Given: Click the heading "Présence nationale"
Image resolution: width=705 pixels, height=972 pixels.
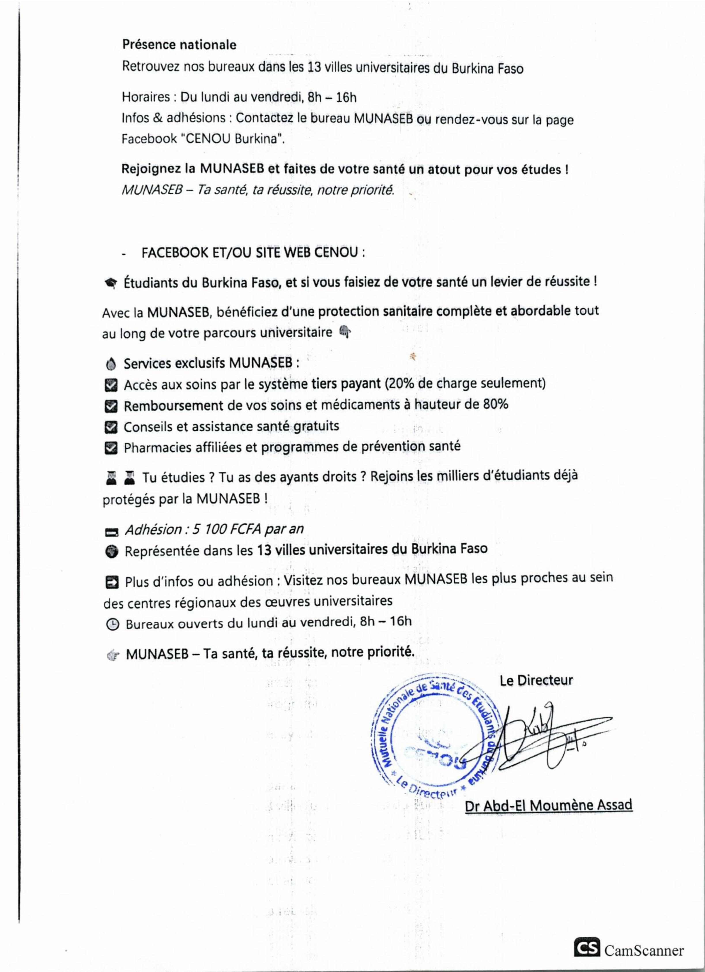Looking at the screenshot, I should [x=179, y=45].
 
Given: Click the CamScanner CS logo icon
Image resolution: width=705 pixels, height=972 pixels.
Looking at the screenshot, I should [x=587, y=948].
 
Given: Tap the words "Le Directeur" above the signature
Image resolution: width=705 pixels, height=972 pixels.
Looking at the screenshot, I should [x=536, y=680].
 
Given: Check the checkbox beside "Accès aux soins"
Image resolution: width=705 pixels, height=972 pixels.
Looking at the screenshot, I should [x=111, y=386].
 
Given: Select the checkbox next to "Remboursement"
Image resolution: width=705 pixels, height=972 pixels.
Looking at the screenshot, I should [x=111, y=406].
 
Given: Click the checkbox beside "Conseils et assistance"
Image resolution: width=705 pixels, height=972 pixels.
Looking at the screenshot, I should [x=111, y=427].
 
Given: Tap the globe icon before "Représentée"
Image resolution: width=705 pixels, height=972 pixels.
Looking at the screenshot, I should [x=111, y=552].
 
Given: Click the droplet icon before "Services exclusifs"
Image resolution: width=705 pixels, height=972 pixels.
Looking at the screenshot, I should [x=111, y=364].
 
